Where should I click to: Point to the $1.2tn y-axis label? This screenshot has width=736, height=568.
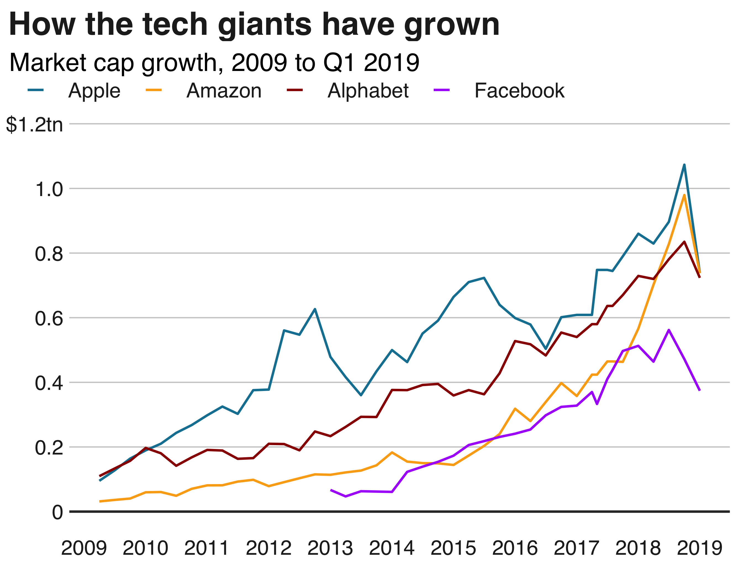[34, 125]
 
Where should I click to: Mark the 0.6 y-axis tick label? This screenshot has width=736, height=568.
[49, 318]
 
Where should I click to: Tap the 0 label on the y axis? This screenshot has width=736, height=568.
[57, 512]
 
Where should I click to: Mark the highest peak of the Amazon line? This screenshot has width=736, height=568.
[684, 195]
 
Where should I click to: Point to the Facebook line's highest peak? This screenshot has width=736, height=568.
[669, 330]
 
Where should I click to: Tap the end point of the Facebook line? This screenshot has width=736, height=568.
[700, 390]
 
